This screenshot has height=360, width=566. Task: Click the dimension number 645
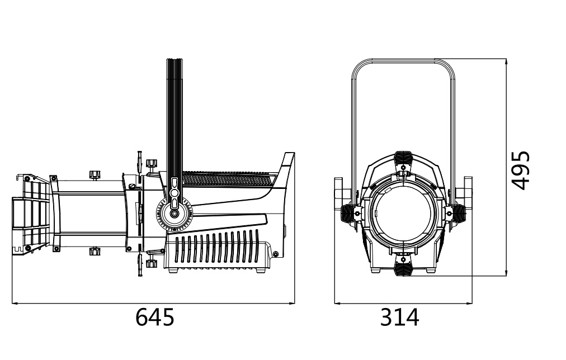coord(154,317)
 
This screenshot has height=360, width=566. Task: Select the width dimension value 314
coord(399,317)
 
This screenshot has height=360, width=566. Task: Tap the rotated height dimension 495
coord(521,170)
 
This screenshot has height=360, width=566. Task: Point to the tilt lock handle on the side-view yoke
coord(174,193)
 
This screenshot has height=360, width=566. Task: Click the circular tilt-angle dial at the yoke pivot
coord(174,214)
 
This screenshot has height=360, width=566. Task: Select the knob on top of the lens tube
coord(95,175)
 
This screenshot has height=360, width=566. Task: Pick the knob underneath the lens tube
coord(95,251)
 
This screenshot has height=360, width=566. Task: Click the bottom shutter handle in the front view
coord(404,268)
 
